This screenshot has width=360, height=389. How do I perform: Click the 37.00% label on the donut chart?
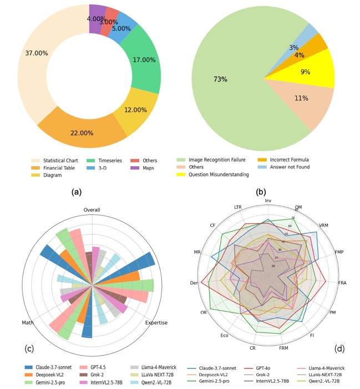point(37,53)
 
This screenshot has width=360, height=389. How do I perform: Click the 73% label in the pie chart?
point(220,80)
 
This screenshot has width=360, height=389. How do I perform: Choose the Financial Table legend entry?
point(60,167)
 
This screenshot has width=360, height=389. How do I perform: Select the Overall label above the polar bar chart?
point(92,210)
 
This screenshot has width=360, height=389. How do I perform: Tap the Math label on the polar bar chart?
point(28,323)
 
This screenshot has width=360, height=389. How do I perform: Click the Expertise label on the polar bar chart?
point(156,323)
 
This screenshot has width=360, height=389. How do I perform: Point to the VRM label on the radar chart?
point(324,226)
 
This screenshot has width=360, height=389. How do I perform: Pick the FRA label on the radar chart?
point(342,283)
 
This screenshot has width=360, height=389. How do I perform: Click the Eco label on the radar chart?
point(224,335)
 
